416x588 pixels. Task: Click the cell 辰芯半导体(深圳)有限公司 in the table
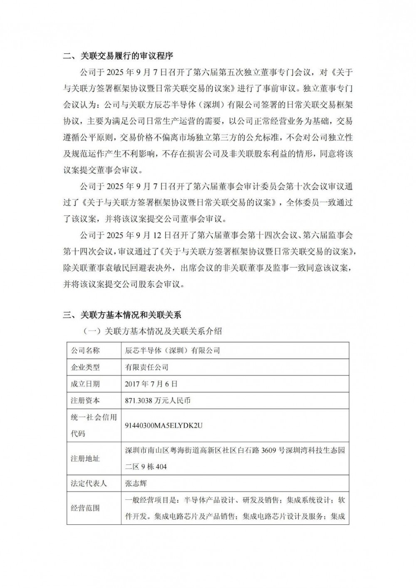(172, 351)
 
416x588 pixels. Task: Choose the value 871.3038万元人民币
(158, 400)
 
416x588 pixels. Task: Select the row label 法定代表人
(89, 484)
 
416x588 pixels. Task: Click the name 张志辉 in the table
(136, 484)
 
